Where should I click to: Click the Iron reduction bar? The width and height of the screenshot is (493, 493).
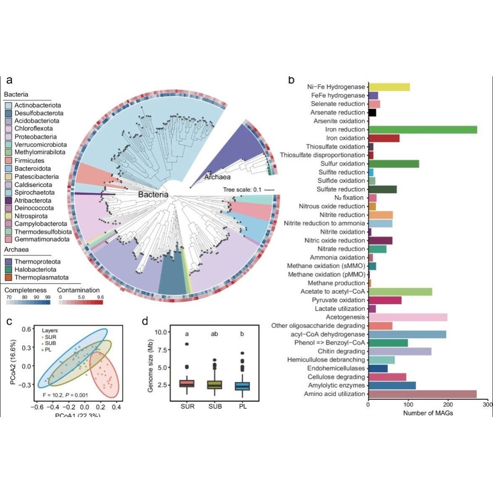423,130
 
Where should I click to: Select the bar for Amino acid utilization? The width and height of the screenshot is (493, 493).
422,394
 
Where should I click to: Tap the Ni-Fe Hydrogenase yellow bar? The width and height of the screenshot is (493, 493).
389,87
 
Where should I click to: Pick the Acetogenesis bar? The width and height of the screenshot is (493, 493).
407,317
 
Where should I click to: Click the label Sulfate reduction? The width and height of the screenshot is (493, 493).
341,189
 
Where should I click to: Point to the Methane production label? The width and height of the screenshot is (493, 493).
336,283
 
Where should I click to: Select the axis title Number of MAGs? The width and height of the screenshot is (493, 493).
428,413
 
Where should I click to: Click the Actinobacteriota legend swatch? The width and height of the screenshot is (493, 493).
8,105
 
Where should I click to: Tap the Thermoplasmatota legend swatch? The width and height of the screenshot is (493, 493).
8,277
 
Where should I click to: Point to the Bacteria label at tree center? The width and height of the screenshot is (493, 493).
153,195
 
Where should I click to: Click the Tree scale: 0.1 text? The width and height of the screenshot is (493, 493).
242,190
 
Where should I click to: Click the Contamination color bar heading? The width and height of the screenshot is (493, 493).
78,290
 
